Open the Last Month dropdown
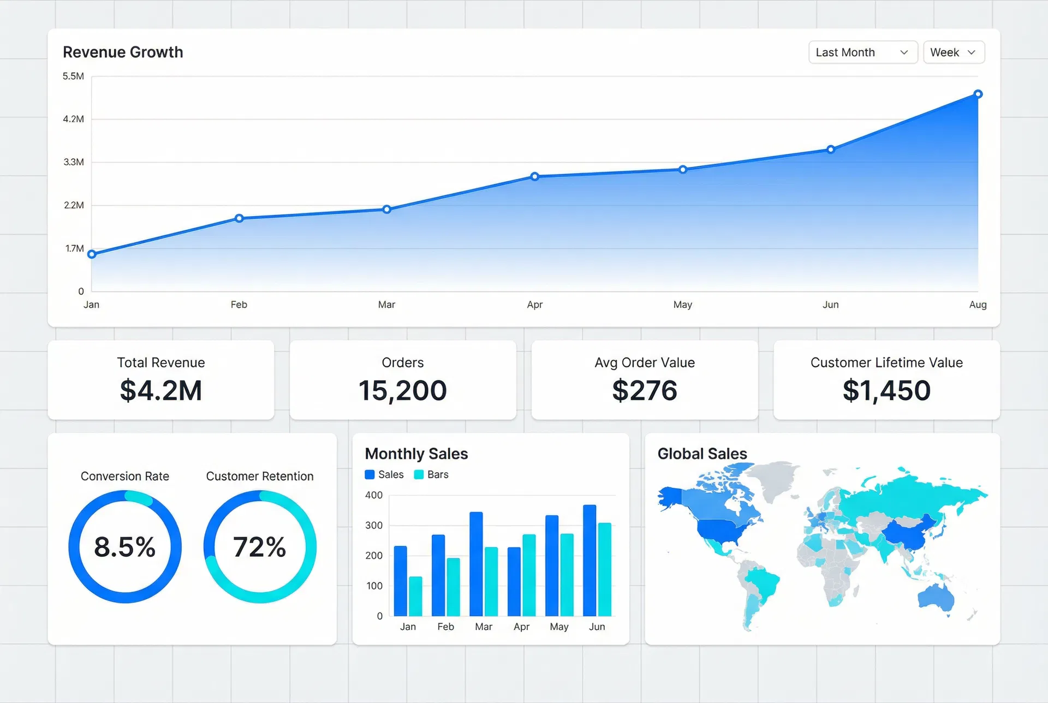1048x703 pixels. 862,52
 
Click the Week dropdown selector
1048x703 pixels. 953,52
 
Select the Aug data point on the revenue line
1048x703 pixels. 978,94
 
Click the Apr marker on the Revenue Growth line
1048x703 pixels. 534,177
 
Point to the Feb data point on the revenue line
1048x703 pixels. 239,218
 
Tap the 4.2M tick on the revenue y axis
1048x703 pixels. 74,119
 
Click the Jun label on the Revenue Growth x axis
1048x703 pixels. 830,305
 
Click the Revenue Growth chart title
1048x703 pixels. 123,52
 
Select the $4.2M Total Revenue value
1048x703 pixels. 161,391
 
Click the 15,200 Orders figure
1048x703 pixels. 402,391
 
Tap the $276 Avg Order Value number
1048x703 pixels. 645,391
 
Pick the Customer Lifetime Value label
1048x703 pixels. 886,362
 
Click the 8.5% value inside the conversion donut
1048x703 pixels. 125,547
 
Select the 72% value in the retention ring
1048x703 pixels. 260,547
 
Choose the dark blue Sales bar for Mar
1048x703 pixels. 476,564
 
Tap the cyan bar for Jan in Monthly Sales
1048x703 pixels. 415,596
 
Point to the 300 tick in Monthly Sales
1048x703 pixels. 374,526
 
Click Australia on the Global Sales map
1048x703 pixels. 936,597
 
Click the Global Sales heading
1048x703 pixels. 702,454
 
